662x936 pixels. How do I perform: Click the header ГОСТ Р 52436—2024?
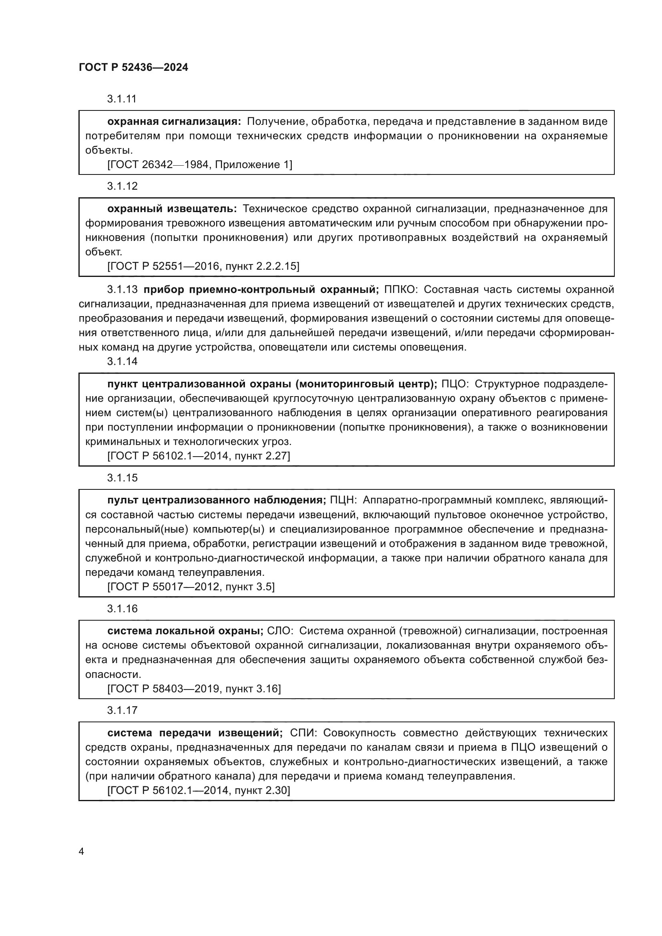tap(133, 67)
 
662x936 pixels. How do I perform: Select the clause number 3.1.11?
tap(122, 99)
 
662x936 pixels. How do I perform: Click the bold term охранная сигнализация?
tap(174, 122)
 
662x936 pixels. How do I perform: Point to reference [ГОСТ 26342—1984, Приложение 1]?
tap(199, 165)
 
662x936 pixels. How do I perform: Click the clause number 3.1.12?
tap(122, 186)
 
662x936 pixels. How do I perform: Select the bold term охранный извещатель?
tap(172, 209)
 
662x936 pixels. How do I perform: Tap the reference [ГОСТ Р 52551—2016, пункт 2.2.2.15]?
tap(203, 266)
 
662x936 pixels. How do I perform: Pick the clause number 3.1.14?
tap(122, 362)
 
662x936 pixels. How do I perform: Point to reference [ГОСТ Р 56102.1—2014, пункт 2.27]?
tap(199, 456)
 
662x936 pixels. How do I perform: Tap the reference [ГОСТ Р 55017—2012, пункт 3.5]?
tap(191, 587)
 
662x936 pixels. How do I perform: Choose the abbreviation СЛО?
tap(280, 631)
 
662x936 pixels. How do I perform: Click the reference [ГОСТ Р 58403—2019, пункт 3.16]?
tap(194, 689)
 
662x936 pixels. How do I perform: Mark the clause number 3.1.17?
tap(122, 711)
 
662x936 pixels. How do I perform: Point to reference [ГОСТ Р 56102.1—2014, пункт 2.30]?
tap(199, 790)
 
